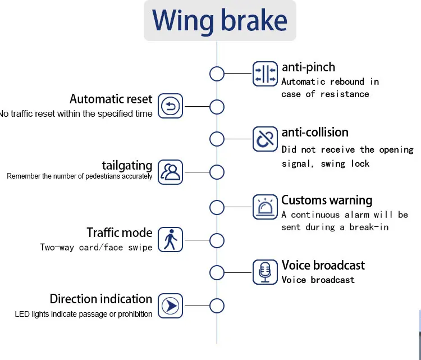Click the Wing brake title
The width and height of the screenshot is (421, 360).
(x=219, y=21)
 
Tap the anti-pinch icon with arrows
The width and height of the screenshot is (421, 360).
(x=265, y=74)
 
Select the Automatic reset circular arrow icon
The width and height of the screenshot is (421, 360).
(x=170, y=106)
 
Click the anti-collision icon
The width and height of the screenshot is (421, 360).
(x=265, y=139)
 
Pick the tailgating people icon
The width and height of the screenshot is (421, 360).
(x=170, y=172)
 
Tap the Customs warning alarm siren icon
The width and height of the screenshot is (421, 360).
(x=265, y=207)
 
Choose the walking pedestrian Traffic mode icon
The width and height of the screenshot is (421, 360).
(x=170, y=239)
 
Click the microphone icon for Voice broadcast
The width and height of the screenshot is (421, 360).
(x=265, y=272)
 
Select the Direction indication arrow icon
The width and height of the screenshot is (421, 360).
(x=170, y=306)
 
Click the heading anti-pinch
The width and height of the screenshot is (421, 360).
(x=308, y=67)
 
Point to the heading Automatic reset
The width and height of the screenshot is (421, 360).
(x=111, y=99)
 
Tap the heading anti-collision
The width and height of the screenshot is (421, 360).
(x=315, y=133)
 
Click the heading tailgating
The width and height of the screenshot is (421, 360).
(x=127, y=165)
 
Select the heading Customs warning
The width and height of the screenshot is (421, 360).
(x=327, y=200)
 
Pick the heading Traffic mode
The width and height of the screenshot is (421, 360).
(x=119, y=233)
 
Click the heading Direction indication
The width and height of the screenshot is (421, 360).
(x=101, y=299)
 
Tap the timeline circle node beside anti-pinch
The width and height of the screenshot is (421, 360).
(x=217, y=74)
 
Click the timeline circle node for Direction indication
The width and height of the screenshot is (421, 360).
(x=217, y=306)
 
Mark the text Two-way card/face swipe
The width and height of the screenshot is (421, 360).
(x=96, y=247)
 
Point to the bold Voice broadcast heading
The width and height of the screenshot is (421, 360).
(x=323, y=265)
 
